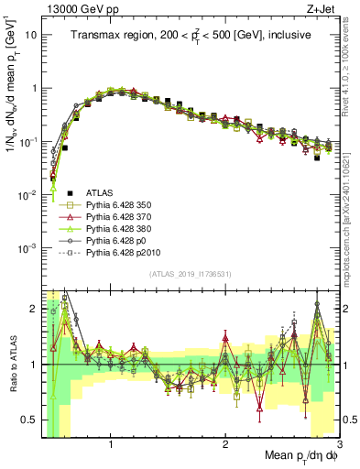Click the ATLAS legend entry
[x=101, y=192]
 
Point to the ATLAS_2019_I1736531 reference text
[x=189, y=275]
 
